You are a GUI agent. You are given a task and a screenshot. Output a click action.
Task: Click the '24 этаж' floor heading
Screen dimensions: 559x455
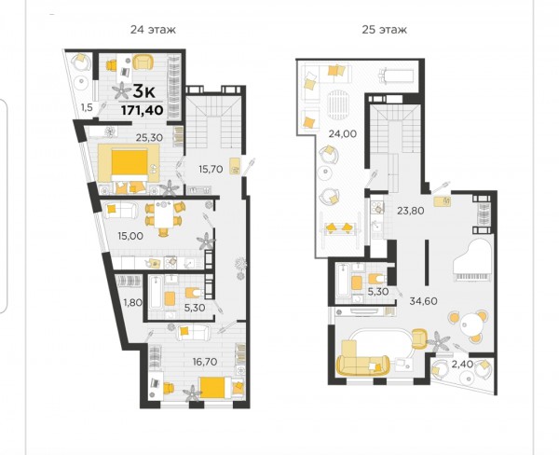153,29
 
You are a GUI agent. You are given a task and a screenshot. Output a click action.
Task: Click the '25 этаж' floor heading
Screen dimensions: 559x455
384,29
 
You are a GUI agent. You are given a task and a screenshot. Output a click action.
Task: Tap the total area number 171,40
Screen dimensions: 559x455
143,110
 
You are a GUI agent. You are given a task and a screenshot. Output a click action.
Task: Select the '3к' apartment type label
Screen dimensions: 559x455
143,92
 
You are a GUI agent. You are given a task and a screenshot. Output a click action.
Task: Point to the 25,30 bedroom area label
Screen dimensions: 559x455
149,137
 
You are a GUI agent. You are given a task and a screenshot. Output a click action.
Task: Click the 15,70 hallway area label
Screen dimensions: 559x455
211,169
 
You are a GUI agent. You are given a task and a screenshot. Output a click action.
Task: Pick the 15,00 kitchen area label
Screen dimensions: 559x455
130,236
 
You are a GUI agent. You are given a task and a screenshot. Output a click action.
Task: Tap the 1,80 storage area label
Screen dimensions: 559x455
132,303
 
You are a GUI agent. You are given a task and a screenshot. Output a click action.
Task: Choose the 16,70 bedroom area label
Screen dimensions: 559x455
205,362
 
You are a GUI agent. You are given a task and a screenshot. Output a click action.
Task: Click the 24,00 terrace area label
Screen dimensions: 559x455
343,134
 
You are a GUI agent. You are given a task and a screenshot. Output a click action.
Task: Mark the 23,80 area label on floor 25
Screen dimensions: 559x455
411,211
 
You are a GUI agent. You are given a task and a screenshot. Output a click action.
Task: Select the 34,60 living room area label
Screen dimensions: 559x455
423,301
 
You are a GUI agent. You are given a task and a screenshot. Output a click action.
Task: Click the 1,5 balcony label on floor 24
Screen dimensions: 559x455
87,106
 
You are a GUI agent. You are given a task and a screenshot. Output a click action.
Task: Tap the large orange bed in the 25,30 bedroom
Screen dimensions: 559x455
130,165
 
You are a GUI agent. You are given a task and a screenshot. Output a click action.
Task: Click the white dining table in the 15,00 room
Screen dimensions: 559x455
163,216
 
